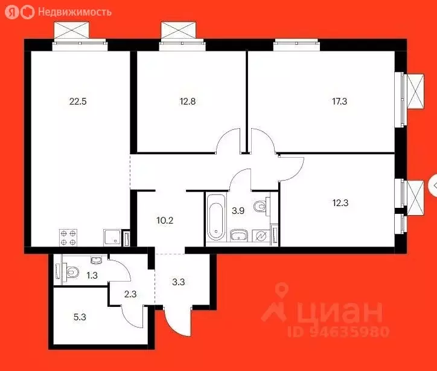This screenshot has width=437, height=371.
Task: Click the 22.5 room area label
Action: pyautogui.click(x=78, y=102)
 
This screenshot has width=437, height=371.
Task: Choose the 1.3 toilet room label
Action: pyautogui.click(x=92, y=276)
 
